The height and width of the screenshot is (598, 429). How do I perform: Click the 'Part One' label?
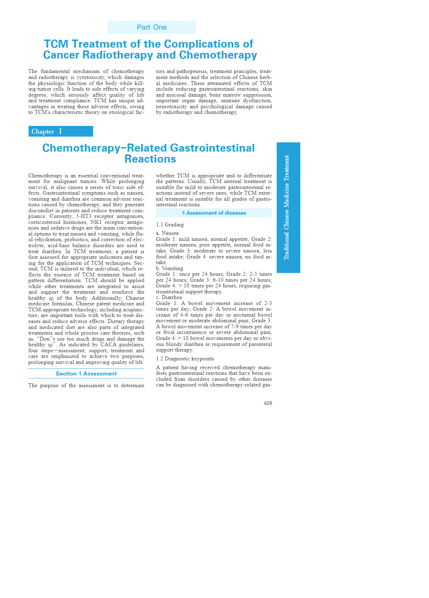coord(151,27)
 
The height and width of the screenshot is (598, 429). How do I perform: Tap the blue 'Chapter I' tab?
coord(61,131)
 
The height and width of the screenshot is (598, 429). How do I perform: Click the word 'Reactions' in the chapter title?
coord(150,159)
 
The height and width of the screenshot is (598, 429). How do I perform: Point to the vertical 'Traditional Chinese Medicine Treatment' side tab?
coord(288,207)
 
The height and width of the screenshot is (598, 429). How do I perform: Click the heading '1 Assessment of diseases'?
coord(214,213)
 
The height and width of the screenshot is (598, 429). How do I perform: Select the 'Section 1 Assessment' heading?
coord(86,374)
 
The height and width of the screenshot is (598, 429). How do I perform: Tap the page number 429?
coord(268,403)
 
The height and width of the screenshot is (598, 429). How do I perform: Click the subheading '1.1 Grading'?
coord(170,225)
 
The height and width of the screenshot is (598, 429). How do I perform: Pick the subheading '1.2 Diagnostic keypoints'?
coord(185,359)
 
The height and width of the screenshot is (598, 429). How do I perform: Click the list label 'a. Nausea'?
coord(167,233)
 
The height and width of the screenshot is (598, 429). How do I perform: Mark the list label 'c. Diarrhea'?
coord(169,297)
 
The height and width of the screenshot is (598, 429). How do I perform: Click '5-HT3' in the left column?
coord(83,216)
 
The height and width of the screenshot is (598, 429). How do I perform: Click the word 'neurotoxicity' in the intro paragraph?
coord(172,106)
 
